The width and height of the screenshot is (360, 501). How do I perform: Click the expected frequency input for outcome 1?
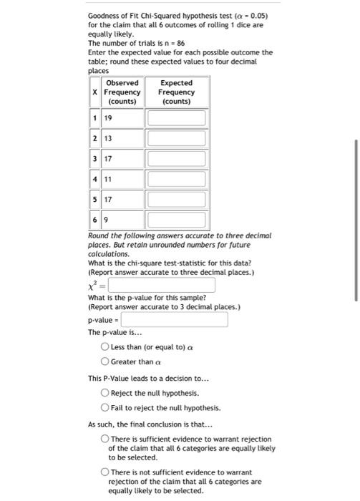click(176, 117)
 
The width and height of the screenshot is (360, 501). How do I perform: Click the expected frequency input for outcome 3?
click(176, 158)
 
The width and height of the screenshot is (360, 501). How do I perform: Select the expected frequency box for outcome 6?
click(176, 219)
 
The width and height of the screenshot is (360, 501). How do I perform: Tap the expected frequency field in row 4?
click(176, 178)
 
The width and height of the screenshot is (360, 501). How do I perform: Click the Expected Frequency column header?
click(176, 92)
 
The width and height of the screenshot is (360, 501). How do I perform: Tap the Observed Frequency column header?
click(122, 92)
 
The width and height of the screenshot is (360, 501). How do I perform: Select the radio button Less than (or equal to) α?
click(105, 347)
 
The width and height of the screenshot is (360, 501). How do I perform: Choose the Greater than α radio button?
click(105, 361)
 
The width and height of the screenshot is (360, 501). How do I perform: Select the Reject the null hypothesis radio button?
click(105, 393)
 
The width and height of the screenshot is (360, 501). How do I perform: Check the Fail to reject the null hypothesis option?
click(105, 408)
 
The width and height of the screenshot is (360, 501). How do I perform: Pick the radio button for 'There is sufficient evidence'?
click(105, 439)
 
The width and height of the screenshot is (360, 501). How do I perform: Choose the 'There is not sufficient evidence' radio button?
click(105, 473)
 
